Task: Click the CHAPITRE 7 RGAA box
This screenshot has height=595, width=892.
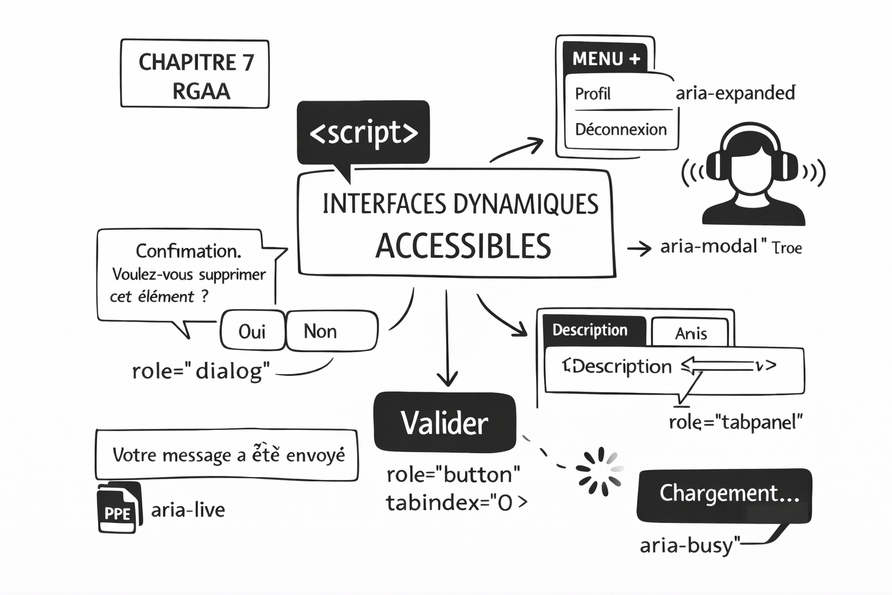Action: tap(195, 74)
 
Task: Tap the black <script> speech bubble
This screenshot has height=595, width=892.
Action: tap(364, 133)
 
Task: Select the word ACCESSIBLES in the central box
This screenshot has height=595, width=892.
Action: tap(463, 246)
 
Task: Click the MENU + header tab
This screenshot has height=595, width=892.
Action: tap(606, 59)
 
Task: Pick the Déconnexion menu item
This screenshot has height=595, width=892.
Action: tap(620, 129)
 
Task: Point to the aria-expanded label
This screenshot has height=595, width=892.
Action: tap(735, 93)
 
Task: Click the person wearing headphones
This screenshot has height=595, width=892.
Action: tap(753, 174)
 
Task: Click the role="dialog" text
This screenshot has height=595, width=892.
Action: tap(201, 371)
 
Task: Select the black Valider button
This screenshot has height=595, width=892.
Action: tap(445, 422)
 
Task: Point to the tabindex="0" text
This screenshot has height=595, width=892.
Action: tap(456, 502)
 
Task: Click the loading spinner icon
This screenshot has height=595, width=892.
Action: tap(599, 471)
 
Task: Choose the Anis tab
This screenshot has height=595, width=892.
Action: tap(690, 333)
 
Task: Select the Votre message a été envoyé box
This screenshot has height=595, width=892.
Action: tap(226, 455)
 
